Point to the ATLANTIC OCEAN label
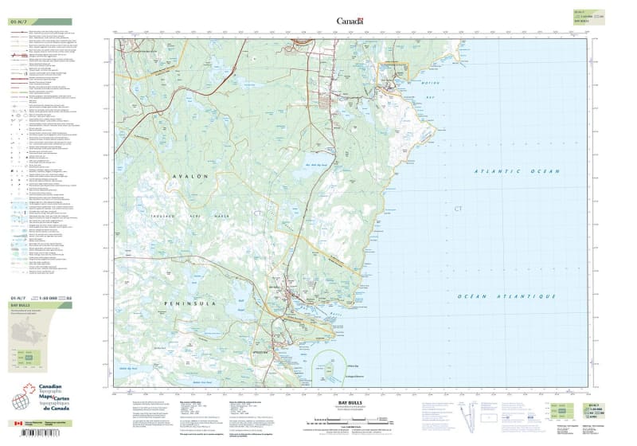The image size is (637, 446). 506,171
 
